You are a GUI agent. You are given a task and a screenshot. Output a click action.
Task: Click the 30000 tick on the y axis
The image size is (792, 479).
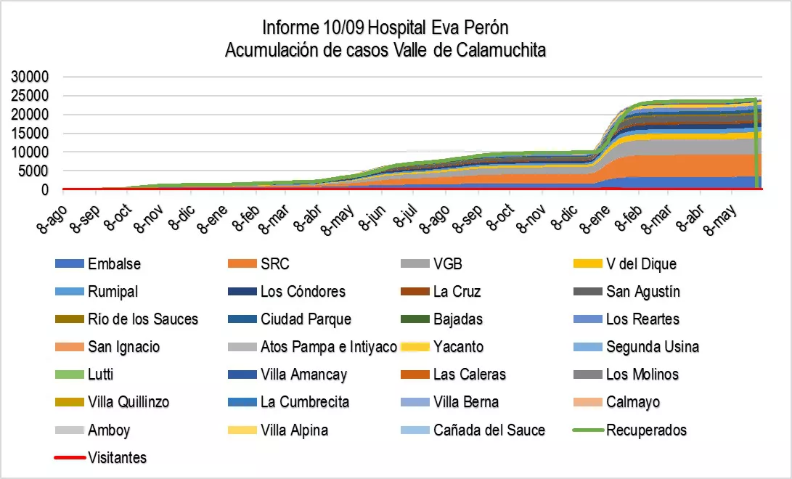click(30, 77)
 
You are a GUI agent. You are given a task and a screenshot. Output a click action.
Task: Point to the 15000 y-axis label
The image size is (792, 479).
click(30, 134)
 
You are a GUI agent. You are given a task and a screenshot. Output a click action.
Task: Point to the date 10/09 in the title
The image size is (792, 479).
click(344, 28)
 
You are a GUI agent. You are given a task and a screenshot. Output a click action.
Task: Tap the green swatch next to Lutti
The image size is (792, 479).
click(69, 374)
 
